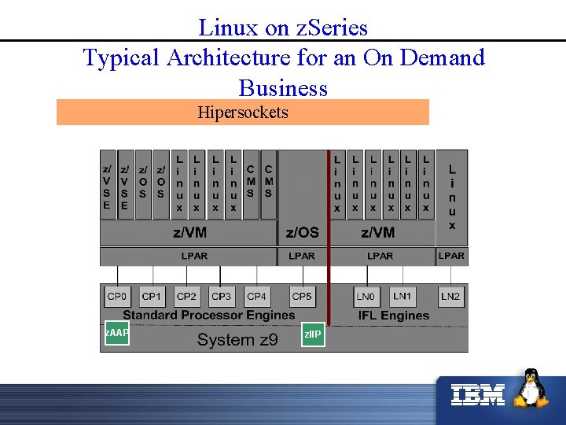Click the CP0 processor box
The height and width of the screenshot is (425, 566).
click(x=116, y=297)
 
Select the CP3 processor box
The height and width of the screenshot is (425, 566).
click(x=222, y=297)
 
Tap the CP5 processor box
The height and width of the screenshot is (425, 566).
click(x=302, y=297)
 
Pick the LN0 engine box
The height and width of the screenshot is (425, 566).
click(x=366, y=297)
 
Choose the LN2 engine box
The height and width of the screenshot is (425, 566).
click(x=450, y=297)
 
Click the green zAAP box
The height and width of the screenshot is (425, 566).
click(x=116, y=333)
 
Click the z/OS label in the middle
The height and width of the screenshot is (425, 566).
click(x=302, y=231)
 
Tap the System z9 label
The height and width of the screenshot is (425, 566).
click(x=237, y=340)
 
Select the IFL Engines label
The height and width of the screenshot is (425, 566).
click(x=394, y=316)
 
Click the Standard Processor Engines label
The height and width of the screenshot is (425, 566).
click(x=208, y=316)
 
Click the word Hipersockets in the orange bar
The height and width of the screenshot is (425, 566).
click(x=242, y=113)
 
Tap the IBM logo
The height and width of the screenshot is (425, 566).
click(x=478, y=394)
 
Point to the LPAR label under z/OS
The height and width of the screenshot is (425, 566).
click(x=302, y=256)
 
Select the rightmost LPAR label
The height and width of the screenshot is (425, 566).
click(x=451, y=256)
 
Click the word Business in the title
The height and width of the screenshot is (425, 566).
click(x=282, y=87)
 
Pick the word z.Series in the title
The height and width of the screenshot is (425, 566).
click(x=331, y=28)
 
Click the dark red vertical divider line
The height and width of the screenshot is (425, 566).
click(x=329, y=236)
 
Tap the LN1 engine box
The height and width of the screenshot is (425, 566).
click(x=402, y=297)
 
